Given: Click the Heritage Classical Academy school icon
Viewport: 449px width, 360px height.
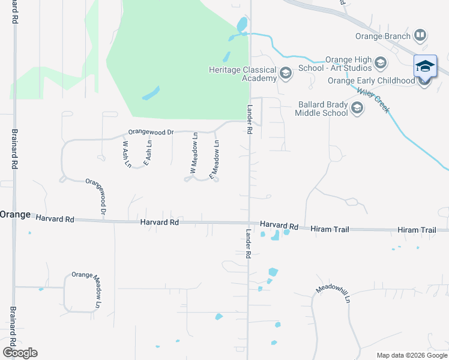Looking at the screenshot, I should pyautogui.click(x=285, y=74).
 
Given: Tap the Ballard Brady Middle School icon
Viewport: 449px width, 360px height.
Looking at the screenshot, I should pyautogui.click(x=357, y=109).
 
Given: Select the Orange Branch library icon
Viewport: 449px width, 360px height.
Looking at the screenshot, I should pyautogui.click(x=421, y=36).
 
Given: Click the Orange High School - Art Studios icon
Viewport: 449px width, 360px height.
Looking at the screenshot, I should pyautogui.click(x=380, y=62).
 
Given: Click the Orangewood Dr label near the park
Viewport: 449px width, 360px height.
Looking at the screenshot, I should pyautogui.click(x=151, y=131).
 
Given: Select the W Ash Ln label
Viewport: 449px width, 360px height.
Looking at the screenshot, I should pyautogui.click(x=126, y=154).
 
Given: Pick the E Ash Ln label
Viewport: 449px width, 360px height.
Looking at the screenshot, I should pyautogui.click(x=148, y=152).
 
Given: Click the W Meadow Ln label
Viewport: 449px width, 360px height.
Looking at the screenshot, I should pyautogui.click(x=194, y=154).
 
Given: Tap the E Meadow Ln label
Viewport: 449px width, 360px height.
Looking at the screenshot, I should pyautogui.click(x=214, y=159).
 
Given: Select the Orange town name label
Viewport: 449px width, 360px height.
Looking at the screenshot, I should pyautogui.click(x=15, y=214).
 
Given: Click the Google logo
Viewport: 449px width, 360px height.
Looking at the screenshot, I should pyautogui.click(x=20, y=353).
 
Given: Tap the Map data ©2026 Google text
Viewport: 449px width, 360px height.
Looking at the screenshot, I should pyautogui.click(x=411, y=355).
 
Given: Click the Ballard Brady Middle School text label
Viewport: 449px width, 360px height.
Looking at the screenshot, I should pyautogui.click(x=323, y=109).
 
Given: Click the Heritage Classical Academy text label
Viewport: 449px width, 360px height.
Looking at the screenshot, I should pyautogui.click(x=243, y=74).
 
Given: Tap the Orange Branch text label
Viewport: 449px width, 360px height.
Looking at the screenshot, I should pyautogui.click(x=385, y=36).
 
